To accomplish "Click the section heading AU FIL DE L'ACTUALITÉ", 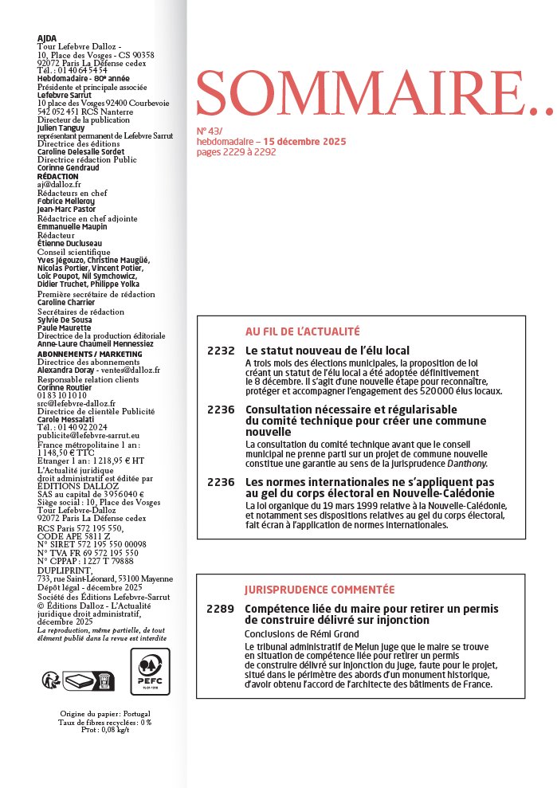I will point(302,331).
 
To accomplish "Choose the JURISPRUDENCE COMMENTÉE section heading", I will point(320,590).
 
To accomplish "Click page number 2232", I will point(221,351).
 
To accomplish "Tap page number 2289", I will point(221,610).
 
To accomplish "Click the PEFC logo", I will point(150,672).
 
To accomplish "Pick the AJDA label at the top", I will point(47,37).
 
